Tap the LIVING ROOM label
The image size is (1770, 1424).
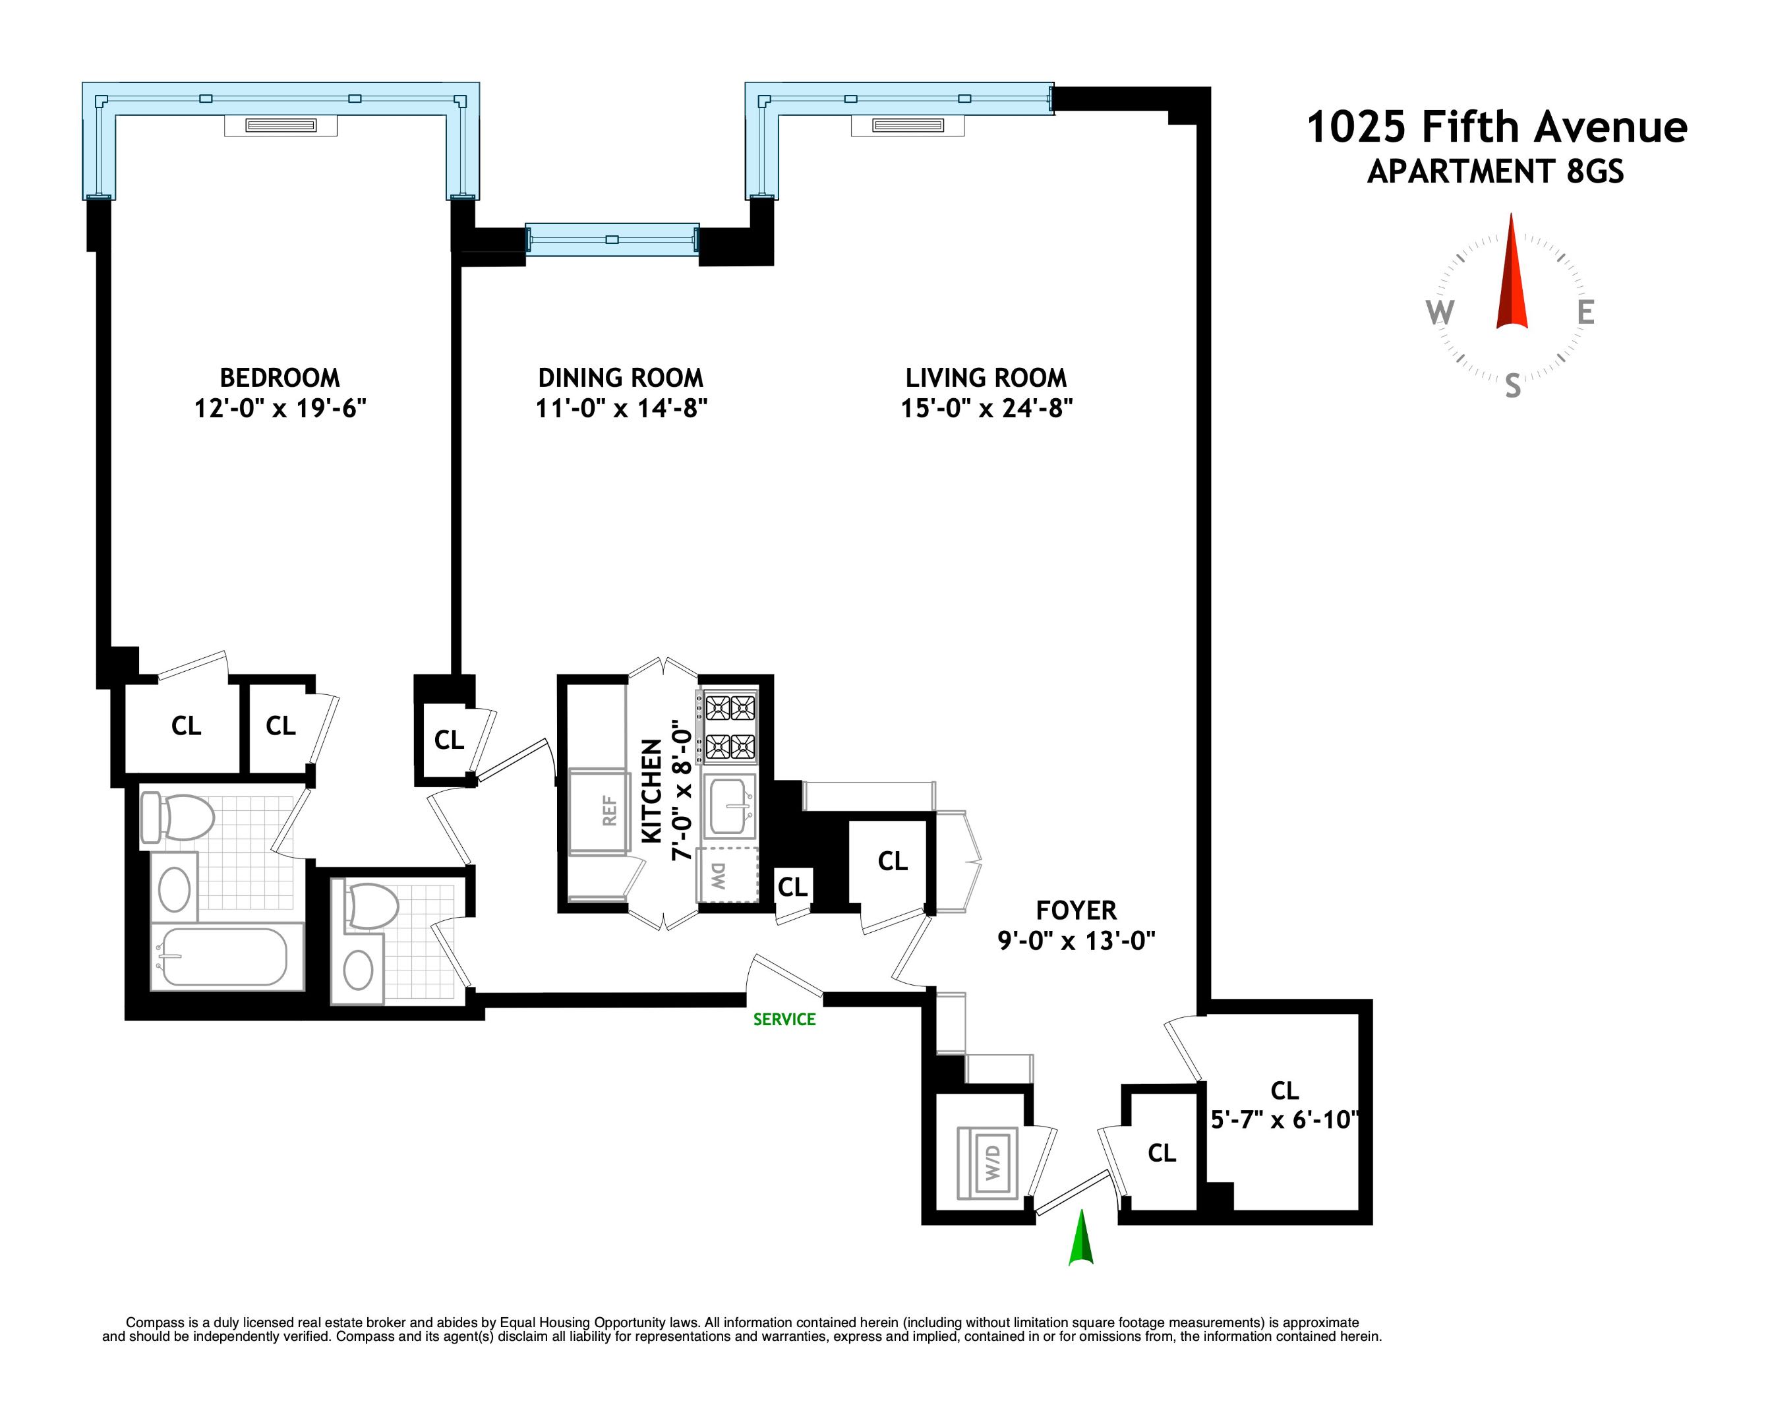pyautogui.click(x=986, y=378)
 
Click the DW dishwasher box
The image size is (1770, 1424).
pyautogui.click(x=726, y=876)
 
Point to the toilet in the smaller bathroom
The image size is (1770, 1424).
pyautogui.click(x=370, y=906)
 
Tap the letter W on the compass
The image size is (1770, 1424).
pyautogui.click(x=1439, y=313)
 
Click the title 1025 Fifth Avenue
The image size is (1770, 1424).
pyautogui.click(x=1496, y=127)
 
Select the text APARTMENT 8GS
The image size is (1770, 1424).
pyautogui.click(x=1495, y=171)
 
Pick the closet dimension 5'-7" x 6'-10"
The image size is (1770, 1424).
pyautogui.click(x=1284, y=1119)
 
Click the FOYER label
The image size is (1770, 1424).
pyautogui.click(x=1075, y=910)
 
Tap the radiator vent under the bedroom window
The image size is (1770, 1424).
pyautogui.click(x=281, y=126)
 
